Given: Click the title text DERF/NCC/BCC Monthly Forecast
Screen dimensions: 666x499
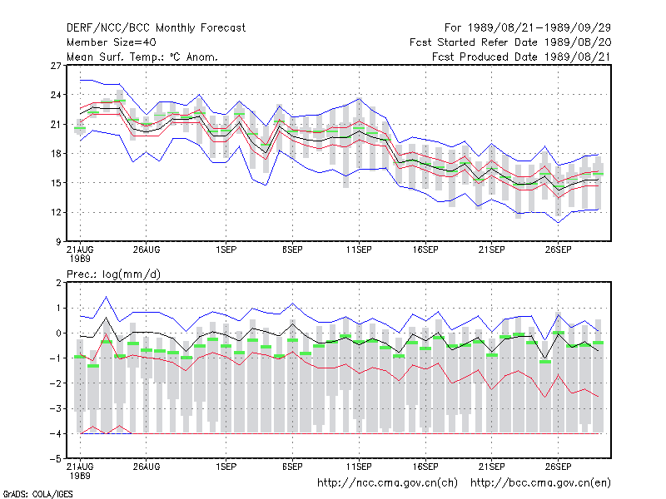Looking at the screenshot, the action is click(x=156, y=28).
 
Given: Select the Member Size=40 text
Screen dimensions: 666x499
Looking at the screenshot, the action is click(x=112, y=42).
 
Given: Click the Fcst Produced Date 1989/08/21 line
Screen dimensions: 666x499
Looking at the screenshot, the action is click(x=521, y=57).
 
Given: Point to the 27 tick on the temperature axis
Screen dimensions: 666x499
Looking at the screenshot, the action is click(x=56, y=66).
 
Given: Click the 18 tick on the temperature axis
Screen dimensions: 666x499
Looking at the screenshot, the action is click(x=56, y=154).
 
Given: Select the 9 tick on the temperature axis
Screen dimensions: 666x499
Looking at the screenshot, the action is click(x=58, y=242).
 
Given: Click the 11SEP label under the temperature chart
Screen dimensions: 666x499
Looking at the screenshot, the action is click(x=359, y=250).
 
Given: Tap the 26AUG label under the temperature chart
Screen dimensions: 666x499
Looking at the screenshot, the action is click(x=147, y=250).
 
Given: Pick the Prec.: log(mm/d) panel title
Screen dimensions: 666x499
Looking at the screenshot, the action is click(x=113, y=274).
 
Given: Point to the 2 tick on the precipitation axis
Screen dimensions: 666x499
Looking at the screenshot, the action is click(x=58, y=283).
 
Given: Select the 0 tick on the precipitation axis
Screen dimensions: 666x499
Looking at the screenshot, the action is click(x=58, y=333).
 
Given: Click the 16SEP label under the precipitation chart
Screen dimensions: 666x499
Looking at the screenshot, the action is click(x=425, y=467).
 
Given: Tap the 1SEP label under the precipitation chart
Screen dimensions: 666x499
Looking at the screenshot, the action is click(x=226, y=467).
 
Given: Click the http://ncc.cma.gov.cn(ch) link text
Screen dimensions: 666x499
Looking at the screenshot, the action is click(x=387, y=483).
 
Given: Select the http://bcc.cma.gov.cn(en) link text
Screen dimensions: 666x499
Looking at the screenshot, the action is click(x=540, y=483).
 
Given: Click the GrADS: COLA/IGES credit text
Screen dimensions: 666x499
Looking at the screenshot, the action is click(x=37, y=494).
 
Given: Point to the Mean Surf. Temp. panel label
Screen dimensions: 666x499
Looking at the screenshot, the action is click(x=142, y=57).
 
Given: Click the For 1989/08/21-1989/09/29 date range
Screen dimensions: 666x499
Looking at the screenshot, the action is click(x=528, y=28).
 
